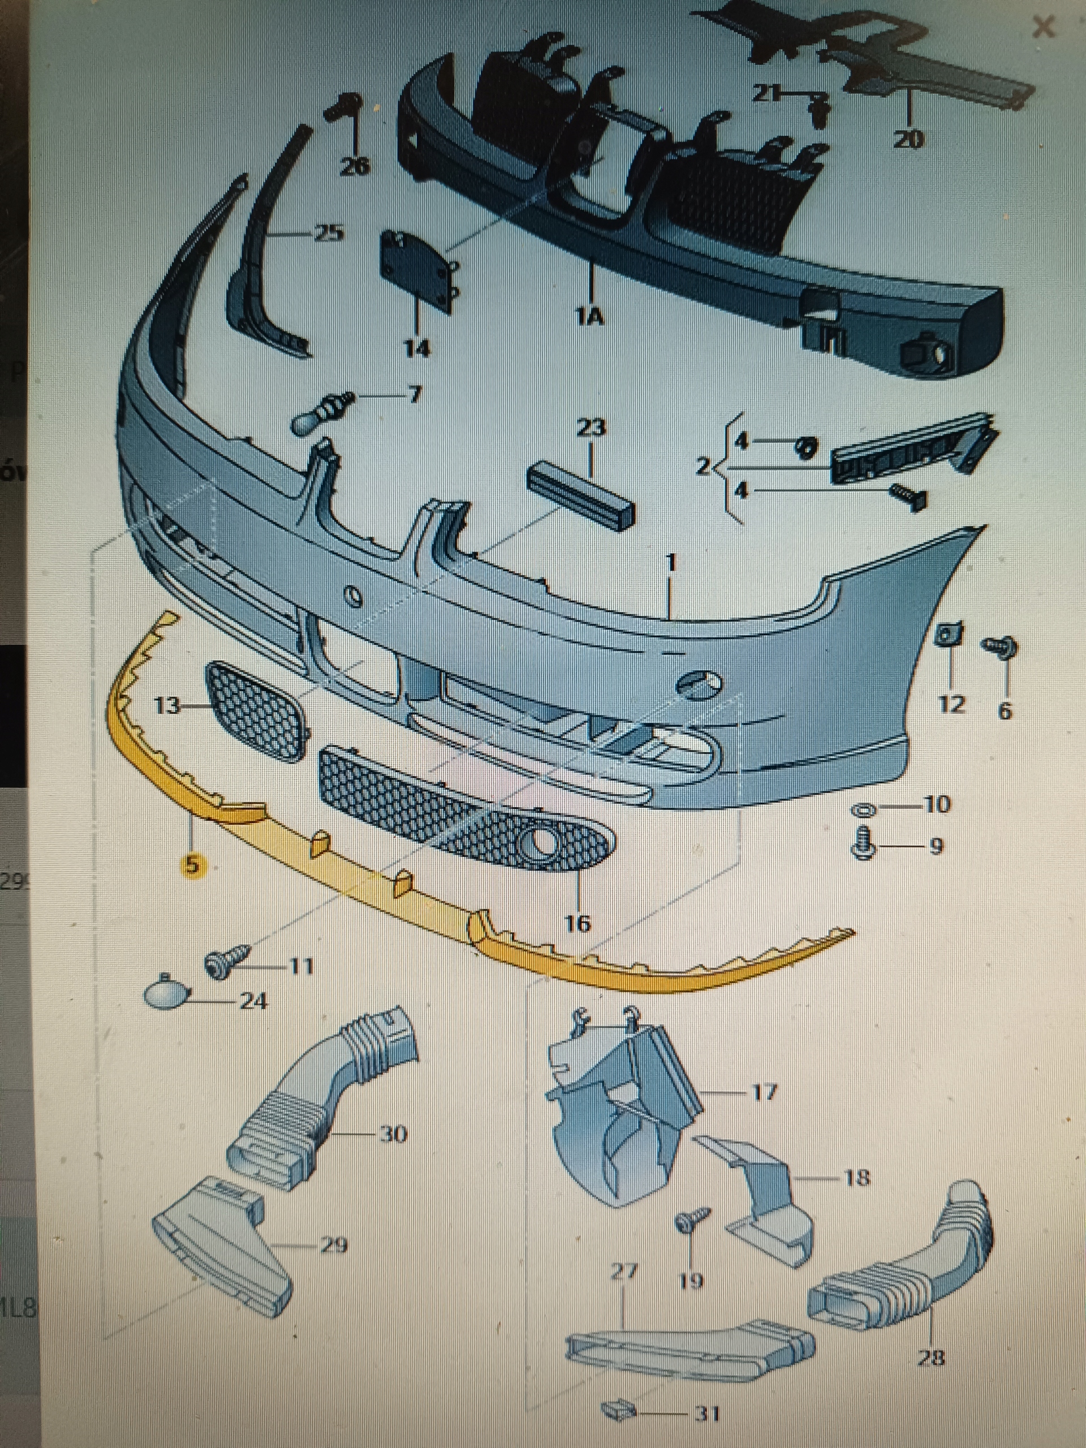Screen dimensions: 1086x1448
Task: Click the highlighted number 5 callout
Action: point(192,865)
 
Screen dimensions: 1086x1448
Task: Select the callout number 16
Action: point(578,923)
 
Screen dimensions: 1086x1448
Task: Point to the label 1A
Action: point(588,317)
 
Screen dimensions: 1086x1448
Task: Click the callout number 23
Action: point(591,429)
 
